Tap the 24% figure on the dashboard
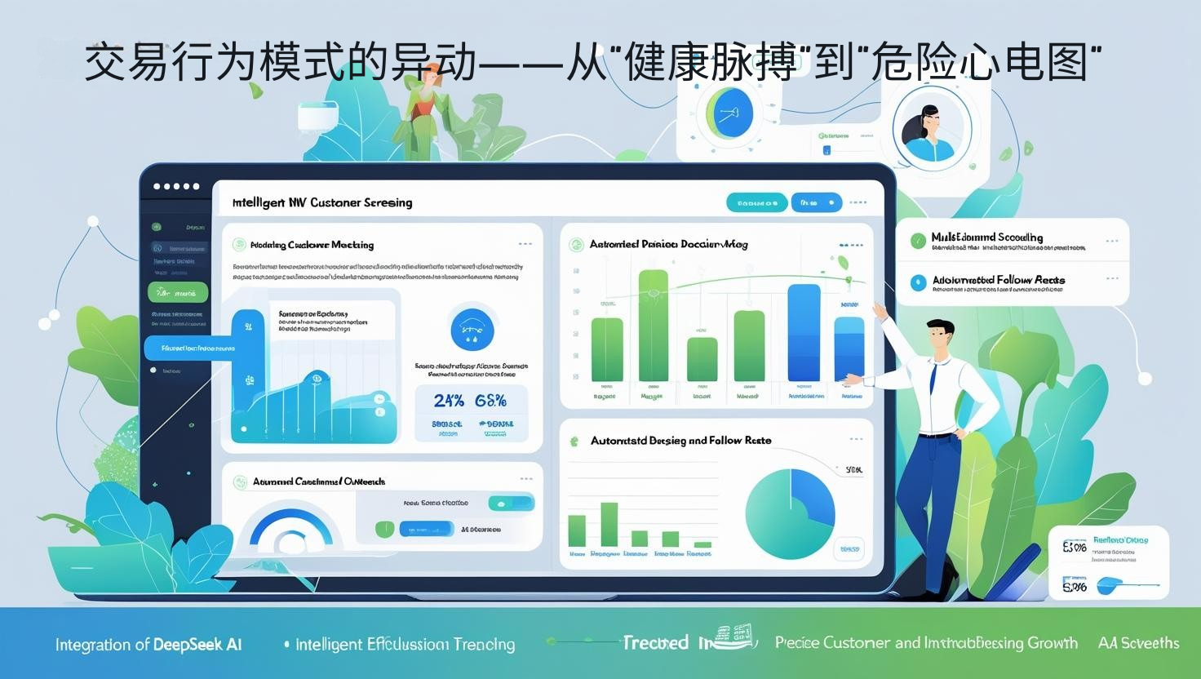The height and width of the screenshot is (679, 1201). pyautogui.click(x=449, y=401)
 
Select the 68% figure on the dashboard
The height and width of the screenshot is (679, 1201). pyautogui.click(x=490, y=401)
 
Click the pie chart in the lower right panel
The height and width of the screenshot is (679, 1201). pyautogui.click(x=790, y=508)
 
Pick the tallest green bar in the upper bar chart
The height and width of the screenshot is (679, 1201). pyautogui.click(x=652, y=326)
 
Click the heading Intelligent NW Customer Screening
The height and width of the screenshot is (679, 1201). pyautogui.click(x=322, y=202)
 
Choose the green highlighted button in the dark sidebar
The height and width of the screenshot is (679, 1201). pyautogui.click(x=178, y=292)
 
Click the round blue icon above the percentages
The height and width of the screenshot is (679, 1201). pyautogui.click(x=472, y=329)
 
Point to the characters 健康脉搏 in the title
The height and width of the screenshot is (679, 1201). pyautogui.click(x=708, y=64)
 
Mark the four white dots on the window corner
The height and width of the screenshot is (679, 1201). pyautogui.click(x=176, y=186)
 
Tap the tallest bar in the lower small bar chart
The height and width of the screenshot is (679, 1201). pyautogui.click(x=609, y=524)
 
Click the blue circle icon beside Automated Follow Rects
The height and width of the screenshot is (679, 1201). pyautogui.click(x=918, y=282)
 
